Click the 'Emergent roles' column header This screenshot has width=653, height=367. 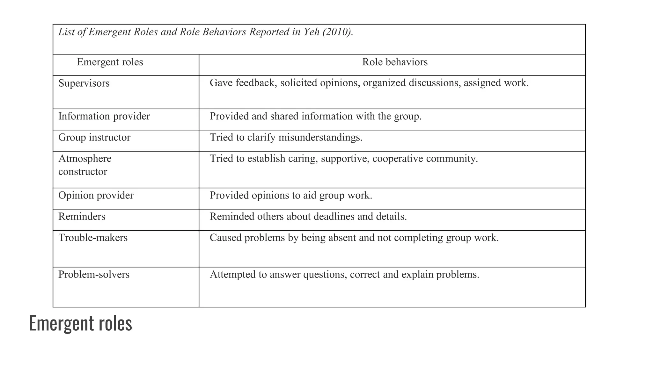(110, 62)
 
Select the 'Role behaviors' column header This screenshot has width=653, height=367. (395, 62)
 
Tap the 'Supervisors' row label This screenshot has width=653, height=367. (84, 83)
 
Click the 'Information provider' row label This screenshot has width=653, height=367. (104, 116)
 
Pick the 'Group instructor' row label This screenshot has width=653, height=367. (94, 138)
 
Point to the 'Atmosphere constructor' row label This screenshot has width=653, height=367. (85, 165)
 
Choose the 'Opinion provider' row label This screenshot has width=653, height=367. (96, 195)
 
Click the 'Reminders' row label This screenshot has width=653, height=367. (82, 217)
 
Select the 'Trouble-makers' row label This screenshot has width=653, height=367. (93, 238)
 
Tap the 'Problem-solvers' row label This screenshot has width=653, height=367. (94, 275)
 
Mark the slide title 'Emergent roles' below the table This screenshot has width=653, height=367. (80, 323)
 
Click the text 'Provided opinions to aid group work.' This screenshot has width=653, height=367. (291, 195)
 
